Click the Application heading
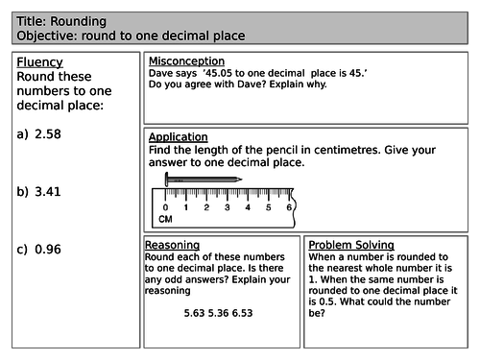179,137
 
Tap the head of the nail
169,179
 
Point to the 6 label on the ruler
290,206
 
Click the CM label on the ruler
166,221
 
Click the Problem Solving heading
351,245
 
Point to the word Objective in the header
49,36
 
